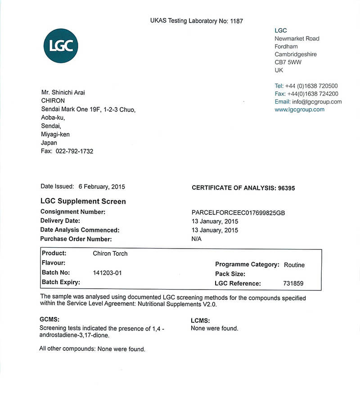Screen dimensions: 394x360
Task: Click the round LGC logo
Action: coord(61,45)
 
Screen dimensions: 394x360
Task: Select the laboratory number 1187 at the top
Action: coord(237,21)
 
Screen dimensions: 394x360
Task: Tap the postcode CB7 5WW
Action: coord(288,62)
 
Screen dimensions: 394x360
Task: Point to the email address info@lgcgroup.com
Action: coord(317,102)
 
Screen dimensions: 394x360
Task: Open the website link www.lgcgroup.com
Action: coord(299,109)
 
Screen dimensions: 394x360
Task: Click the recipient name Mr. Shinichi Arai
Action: coord(63,93)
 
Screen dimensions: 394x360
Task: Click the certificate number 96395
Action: coord(285,188)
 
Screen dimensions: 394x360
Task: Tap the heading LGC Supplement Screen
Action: coord(83,201)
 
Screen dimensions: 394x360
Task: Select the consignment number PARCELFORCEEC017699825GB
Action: coord(238,213)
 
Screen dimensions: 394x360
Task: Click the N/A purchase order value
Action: coord(197,239)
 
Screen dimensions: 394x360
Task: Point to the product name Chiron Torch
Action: coord(110,254)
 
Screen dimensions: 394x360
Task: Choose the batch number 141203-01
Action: coord(107,273)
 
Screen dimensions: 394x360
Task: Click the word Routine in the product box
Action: coord(294,265)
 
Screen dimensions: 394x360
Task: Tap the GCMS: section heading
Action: coord(50,319)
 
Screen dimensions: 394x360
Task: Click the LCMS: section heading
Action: coord(201,321)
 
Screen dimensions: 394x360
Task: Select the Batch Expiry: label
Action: coord(61,282)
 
